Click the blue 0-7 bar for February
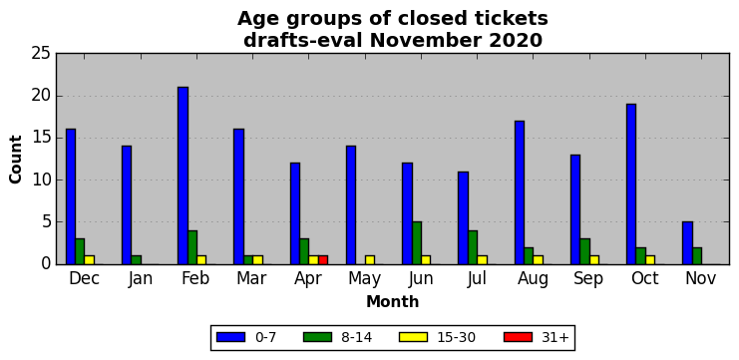coord(183,176)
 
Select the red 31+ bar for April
coord(323,260)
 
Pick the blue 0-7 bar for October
coord(631,184)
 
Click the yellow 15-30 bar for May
coord(370,260)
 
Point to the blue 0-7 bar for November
coord(687,243)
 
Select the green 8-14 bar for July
coord(473,247)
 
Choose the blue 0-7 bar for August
coord(519,192)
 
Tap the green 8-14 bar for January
coord(137,260)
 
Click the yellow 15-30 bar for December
coord(90,260)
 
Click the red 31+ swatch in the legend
coord(518,337)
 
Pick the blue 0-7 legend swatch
coord(230,337)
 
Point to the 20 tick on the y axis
coord(56,96)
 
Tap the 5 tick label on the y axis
coord(45,222)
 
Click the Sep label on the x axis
coord(588,279)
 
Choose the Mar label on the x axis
coord(250,279)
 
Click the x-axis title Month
coord(393,301)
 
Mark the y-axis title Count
coord(16,160)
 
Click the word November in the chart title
coord(427,41)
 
